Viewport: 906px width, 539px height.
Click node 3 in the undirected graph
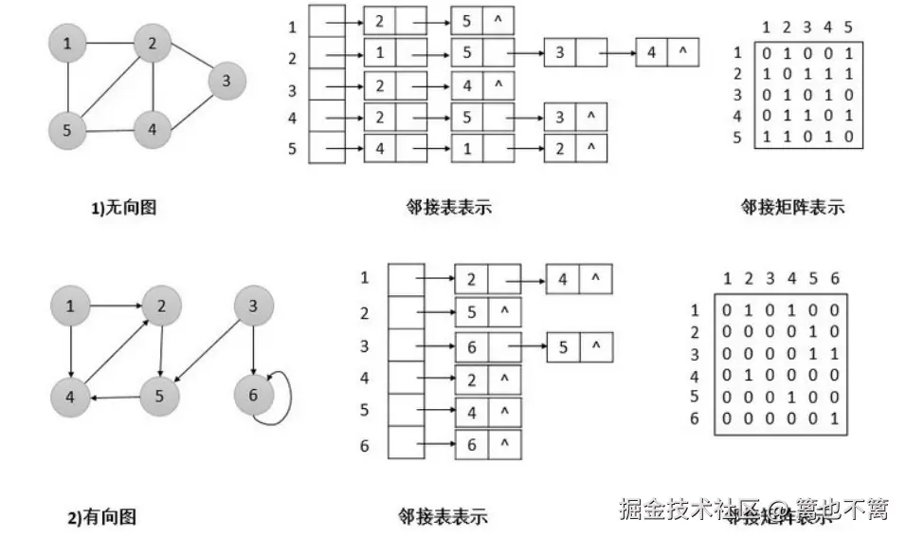pos(226,82)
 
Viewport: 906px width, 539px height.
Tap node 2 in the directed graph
pos(162,306)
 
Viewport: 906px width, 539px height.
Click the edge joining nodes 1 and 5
pos(66,86)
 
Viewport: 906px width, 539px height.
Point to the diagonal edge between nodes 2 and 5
pos(110,85)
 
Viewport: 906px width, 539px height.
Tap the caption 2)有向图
pos(101,517)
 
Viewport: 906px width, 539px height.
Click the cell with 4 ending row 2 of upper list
pos(652,52)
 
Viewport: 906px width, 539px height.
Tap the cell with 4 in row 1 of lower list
pos(563,279)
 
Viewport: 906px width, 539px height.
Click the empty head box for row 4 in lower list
pos(407,380)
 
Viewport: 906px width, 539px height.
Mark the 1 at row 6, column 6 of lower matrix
pos(832,418)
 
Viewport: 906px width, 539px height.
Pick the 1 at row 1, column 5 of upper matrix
pos(848,54)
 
